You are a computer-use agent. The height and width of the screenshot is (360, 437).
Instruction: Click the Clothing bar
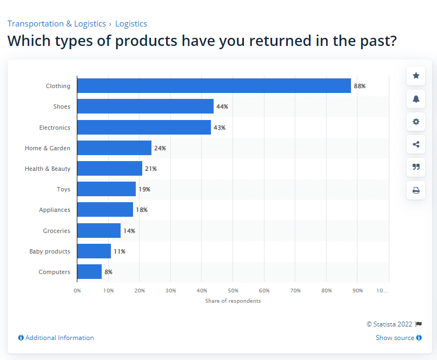[214, 86]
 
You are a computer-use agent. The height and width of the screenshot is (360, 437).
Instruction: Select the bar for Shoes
[145, 106]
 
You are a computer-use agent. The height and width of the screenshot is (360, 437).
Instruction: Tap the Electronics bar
[144, 128]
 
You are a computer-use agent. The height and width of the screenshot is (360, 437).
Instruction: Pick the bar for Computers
[89, 272]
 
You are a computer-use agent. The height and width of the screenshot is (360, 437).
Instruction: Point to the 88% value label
[360, 86]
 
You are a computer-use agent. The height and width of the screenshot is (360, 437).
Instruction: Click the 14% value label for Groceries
[129, 231]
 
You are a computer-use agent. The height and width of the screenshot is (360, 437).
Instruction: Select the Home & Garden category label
[48, 148]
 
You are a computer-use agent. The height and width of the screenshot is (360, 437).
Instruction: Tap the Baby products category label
[50, 251]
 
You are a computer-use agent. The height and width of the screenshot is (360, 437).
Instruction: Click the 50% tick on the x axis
[233, 291]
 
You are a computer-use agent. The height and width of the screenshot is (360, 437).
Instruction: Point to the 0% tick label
[77, 291]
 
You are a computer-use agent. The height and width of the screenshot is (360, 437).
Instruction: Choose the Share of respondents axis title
[233, 301]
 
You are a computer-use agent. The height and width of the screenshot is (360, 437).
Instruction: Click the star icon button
[416, 76]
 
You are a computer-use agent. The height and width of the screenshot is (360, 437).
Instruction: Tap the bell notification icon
[416, 98]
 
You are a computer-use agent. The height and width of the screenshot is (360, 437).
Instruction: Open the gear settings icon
[416, 122]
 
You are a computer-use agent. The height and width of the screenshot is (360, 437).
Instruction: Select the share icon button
[416, 144]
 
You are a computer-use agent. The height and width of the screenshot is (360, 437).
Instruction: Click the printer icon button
[416, 190]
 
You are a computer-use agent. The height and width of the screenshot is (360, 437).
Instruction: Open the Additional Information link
[56, 338]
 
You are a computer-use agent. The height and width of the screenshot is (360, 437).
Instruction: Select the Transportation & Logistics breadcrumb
[56, 24]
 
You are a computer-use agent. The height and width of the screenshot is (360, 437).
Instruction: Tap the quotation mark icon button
[416, 167]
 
